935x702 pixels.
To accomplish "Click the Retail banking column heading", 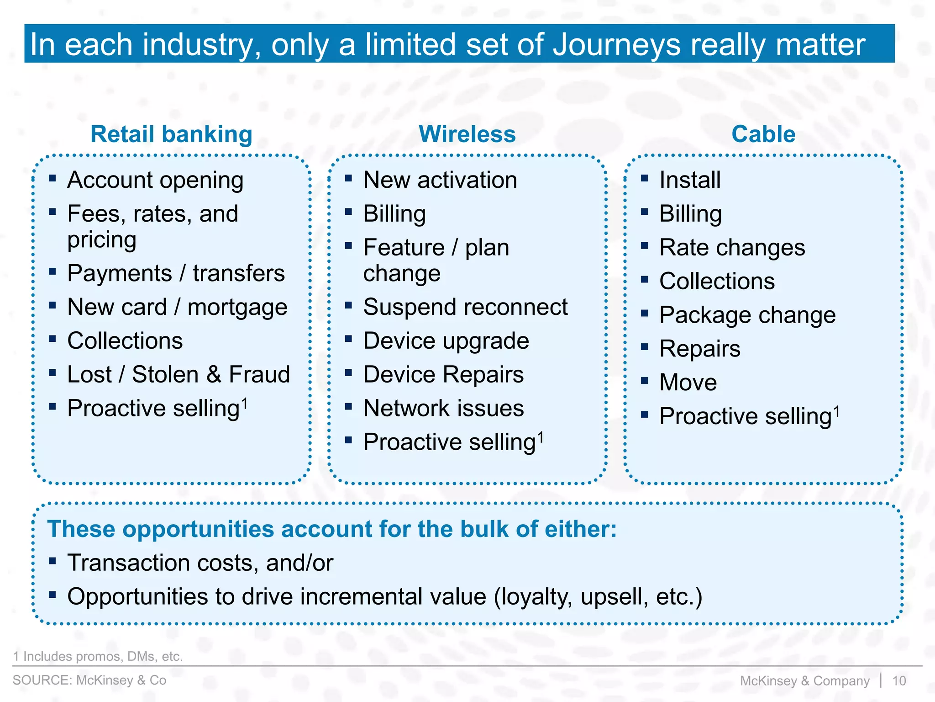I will point(171,134).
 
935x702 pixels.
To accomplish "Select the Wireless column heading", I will point(467,134).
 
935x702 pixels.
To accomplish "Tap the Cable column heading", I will point(763,134).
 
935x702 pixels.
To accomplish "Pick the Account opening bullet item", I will point(155,180).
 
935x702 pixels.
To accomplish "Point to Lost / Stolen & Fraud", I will point(179,374).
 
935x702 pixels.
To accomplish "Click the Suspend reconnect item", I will point(465,307).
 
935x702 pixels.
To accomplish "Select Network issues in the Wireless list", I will point(443,408).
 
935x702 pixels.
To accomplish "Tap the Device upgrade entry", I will point(446,341).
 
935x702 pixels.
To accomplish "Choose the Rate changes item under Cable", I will point(732,248).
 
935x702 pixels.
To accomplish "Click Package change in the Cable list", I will point(747,315).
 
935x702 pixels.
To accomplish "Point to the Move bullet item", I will point(688,382).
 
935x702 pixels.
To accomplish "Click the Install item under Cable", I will point(690,180).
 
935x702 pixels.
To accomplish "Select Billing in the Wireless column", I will point(394,214).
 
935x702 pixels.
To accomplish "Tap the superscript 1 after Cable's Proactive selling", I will point(836,411).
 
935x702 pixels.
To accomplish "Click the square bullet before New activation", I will point(348,178).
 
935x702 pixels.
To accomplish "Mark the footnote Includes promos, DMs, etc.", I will point(98,656).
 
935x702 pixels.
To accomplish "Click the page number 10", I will point(899,681).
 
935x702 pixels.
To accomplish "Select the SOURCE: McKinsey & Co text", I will point(89,680).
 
